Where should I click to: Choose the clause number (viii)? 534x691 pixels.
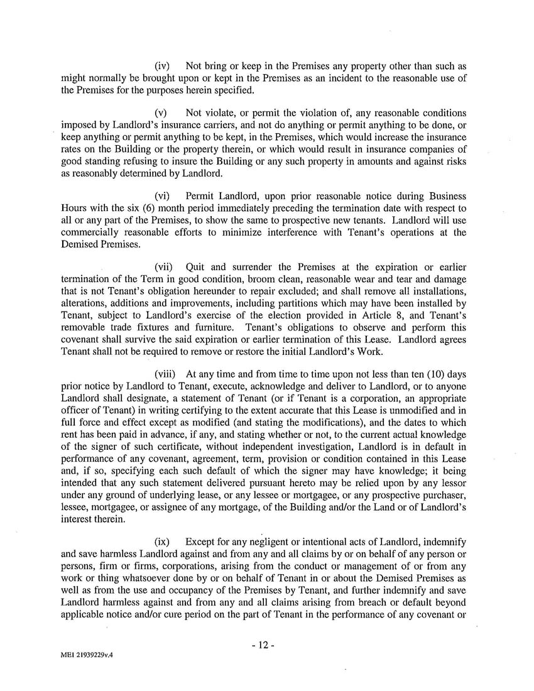point(165,375)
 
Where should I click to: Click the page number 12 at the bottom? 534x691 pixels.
point(267,645)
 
